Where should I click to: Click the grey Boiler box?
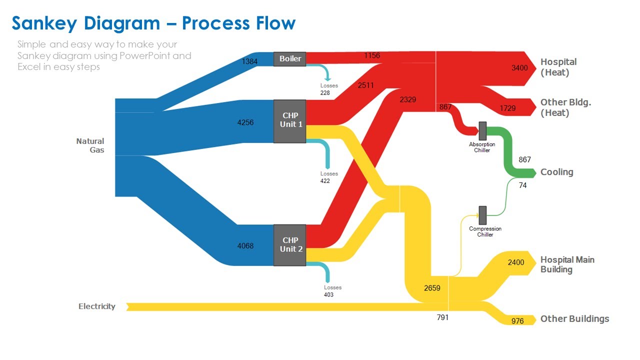(289, 59)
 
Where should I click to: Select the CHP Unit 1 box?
(289, 121)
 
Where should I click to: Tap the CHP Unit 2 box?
(289, 245)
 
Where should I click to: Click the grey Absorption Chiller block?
(482, 131)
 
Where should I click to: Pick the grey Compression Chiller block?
(482, 215)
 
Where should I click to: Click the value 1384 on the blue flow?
(249, 61)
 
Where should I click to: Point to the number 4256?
(245, 122)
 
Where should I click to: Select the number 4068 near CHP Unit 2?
(245, 245)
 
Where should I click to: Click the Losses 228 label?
(329, 89)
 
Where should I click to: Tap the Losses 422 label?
(329, 177)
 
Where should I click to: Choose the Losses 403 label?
(332, 291)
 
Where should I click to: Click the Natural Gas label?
(90, 145)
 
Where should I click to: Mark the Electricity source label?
(97, 306)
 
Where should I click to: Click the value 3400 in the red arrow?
(519, 68)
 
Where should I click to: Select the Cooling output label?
(557, 172)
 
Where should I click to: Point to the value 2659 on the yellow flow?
(432, 288)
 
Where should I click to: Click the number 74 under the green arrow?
(522, 185)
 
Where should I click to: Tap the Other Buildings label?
(575, 319)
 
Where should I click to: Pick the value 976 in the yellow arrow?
(517, 321)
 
